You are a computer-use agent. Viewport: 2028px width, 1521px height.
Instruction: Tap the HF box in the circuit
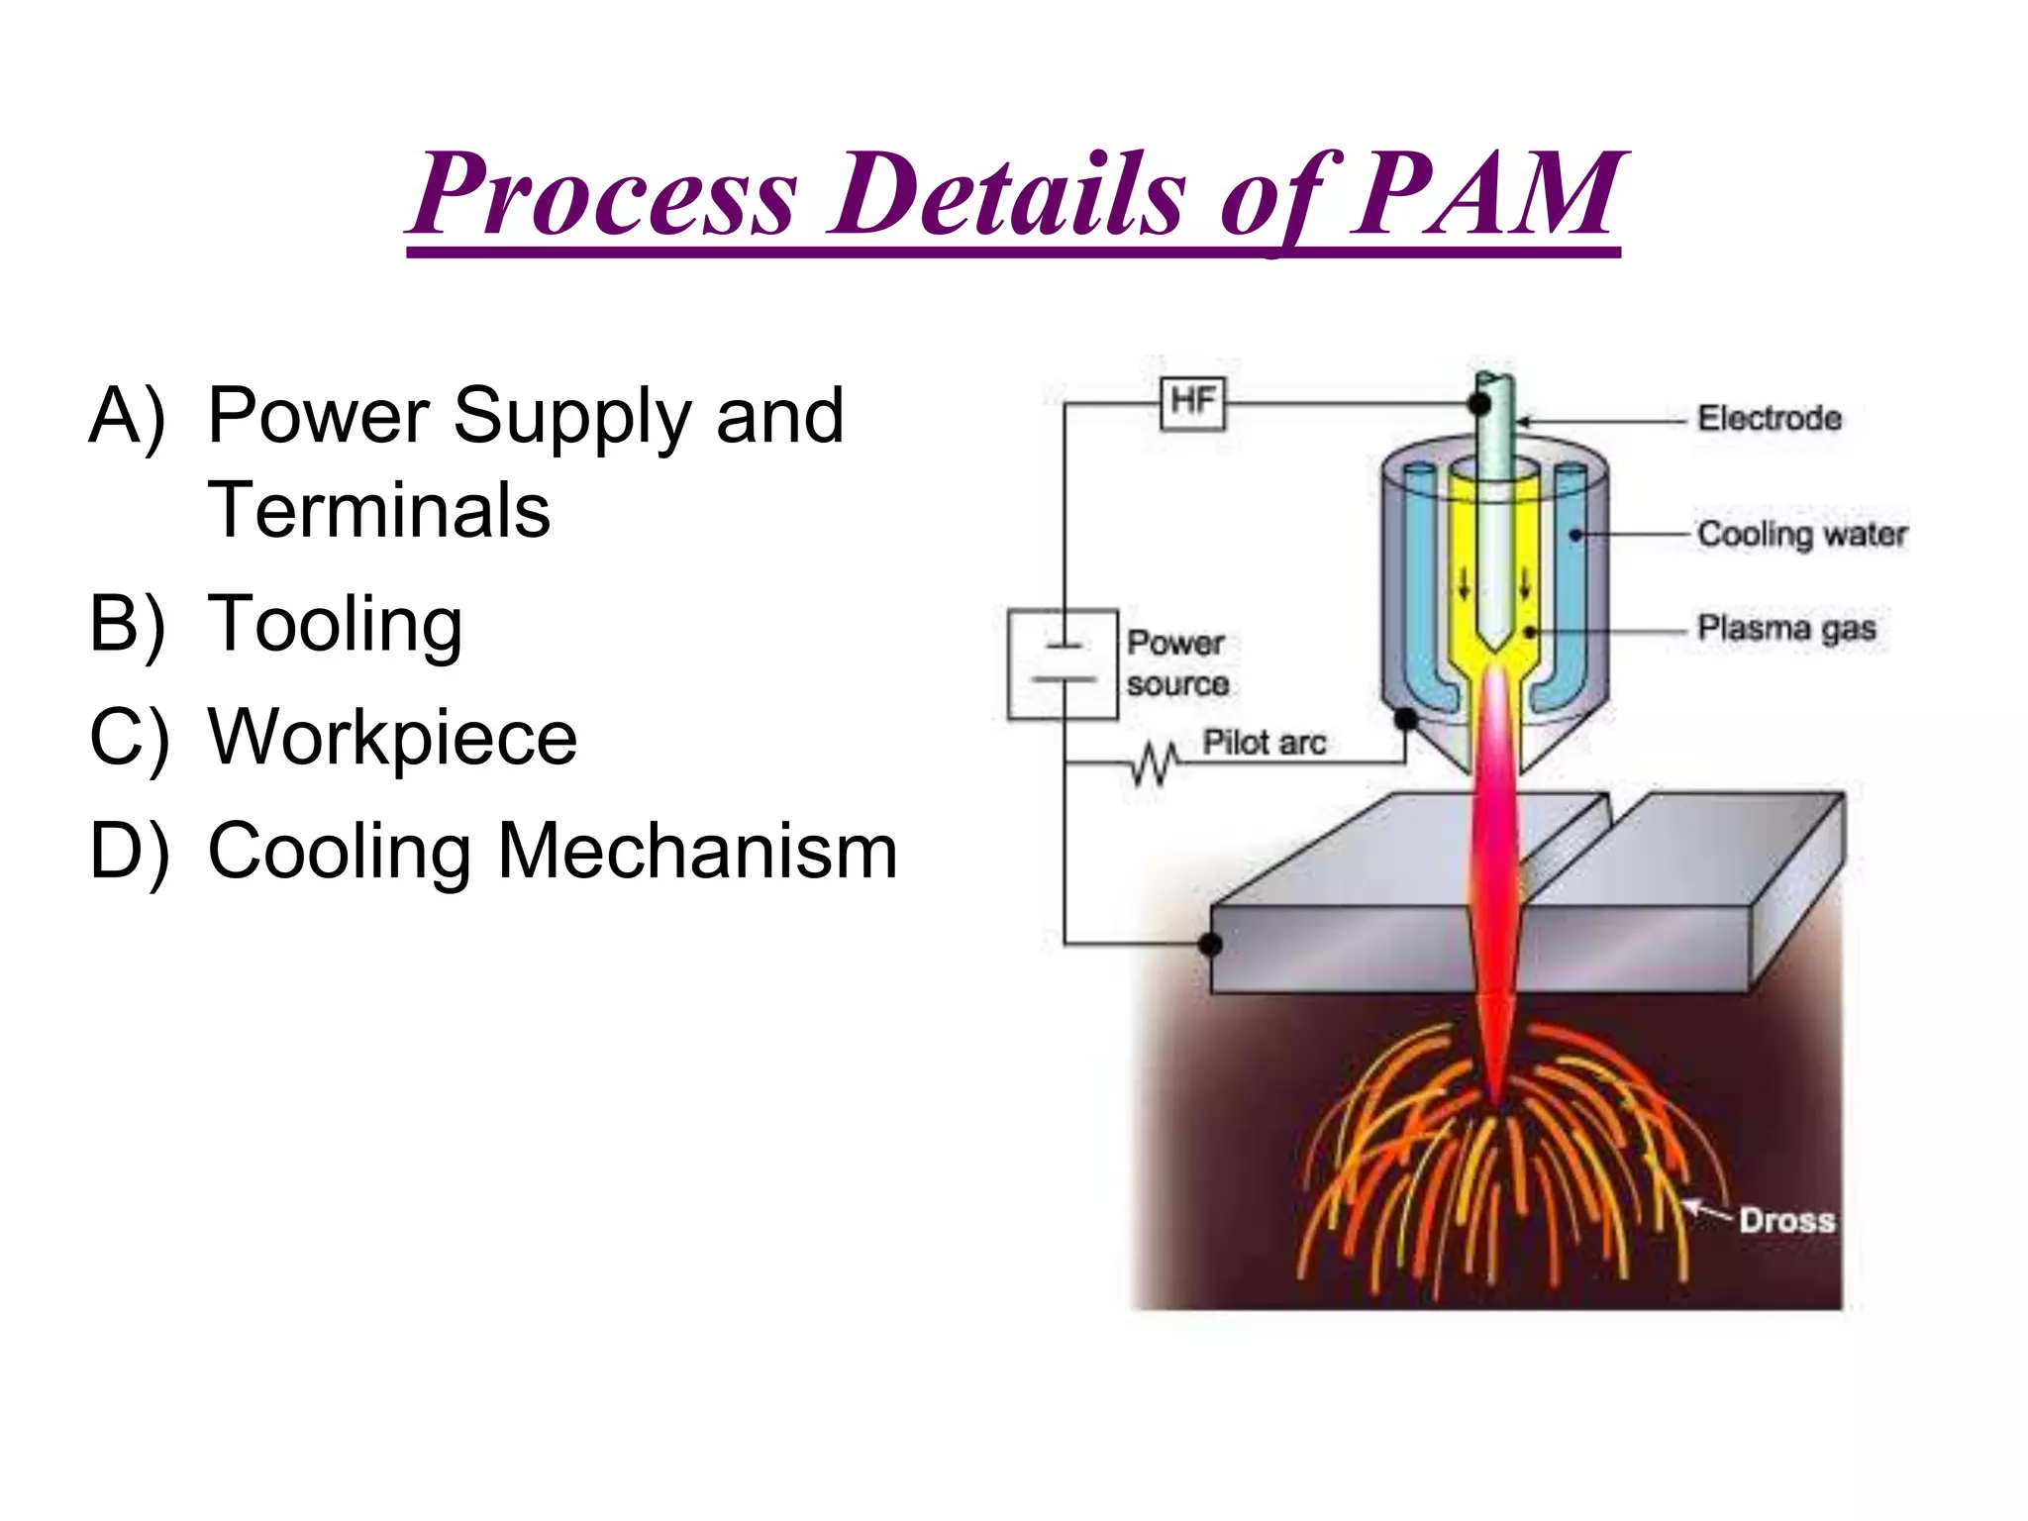(x=1192, y=403)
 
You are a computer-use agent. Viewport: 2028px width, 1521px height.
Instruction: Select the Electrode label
(x=1770, y=419)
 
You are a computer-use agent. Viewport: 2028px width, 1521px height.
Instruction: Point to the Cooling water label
(x=1801, y=535)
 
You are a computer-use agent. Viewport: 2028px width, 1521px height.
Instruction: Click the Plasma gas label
(x=1786, y=629)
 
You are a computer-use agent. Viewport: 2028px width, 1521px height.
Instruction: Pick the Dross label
(x=1786, y=1220)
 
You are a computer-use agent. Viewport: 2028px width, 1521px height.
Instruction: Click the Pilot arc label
(x=1264, y=743)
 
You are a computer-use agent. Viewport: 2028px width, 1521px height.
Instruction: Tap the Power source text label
(x=1177, y=663)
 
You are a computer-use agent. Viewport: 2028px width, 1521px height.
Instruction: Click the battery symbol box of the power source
(x=1063, y=663)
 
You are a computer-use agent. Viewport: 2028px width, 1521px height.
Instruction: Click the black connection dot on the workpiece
(x=1210, y=944)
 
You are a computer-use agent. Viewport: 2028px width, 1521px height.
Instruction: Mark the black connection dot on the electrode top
(x=1479, y=404)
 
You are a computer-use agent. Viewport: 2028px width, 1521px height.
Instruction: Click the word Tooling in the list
(x=335, y=626)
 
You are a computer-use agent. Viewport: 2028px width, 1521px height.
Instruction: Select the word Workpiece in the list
(x=392, y=739)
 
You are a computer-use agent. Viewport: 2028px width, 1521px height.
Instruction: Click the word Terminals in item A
(x=378, y=511)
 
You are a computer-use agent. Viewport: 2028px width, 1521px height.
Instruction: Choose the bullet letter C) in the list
(x=128, y=739)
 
